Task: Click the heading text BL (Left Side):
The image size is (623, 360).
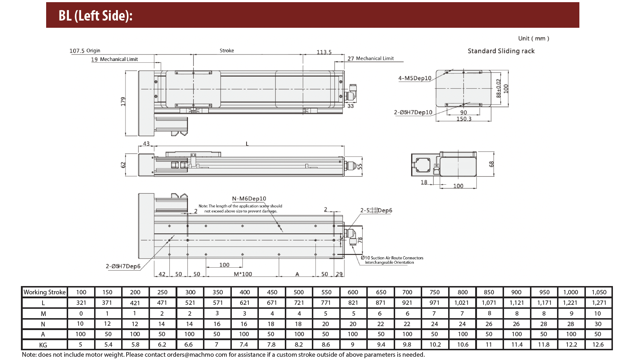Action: (96, 16)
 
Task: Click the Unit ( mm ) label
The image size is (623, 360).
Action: (534, 38)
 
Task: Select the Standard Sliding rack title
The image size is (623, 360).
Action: (501, 51)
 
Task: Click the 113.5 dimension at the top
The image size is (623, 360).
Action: (324, 52)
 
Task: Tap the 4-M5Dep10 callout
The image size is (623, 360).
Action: (415, 78)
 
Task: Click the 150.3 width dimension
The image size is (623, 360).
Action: (464, 119)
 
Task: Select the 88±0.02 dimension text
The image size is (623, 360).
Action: (499, 88)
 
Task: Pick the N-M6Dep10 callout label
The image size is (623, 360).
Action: (249, 198)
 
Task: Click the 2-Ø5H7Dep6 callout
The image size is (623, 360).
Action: (123, 266)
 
